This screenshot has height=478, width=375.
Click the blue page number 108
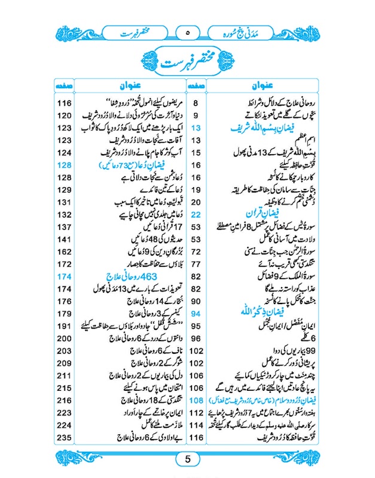click(196, 401)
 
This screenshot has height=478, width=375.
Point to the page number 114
click(196, 426)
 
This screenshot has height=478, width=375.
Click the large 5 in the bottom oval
click(187, 459)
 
